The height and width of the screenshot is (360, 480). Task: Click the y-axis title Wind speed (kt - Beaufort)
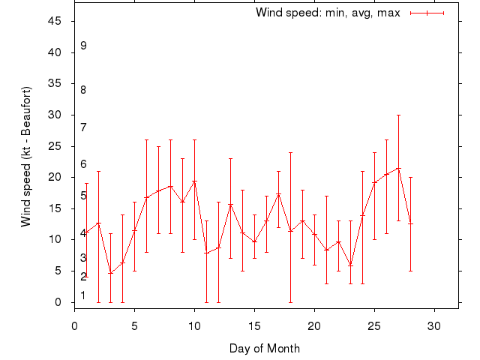[26, 157]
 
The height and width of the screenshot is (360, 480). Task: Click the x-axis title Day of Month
[265, 348]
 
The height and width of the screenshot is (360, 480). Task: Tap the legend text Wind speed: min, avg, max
[328, 13]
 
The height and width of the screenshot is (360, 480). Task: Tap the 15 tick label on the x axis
[254, 326]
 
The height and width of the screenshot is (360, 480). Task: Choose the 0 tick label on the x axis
[74, 326]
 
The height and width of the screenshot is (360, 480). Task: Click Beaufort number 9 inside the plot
[83, 46]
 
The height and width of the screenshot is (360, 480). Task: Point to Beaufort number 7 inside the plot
[83, 127]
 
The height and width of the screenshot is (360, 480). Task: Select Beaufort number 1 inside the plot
[83, 295]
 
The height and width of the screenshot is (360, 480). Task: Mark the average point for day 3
[110, 273]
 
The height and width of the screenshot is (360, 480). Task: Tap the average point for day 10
[194, 181]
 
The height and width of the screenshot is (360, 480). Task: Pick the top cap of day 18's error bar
[290, 152]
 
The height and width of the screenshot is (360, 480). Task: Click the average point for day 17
[278, 194]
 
